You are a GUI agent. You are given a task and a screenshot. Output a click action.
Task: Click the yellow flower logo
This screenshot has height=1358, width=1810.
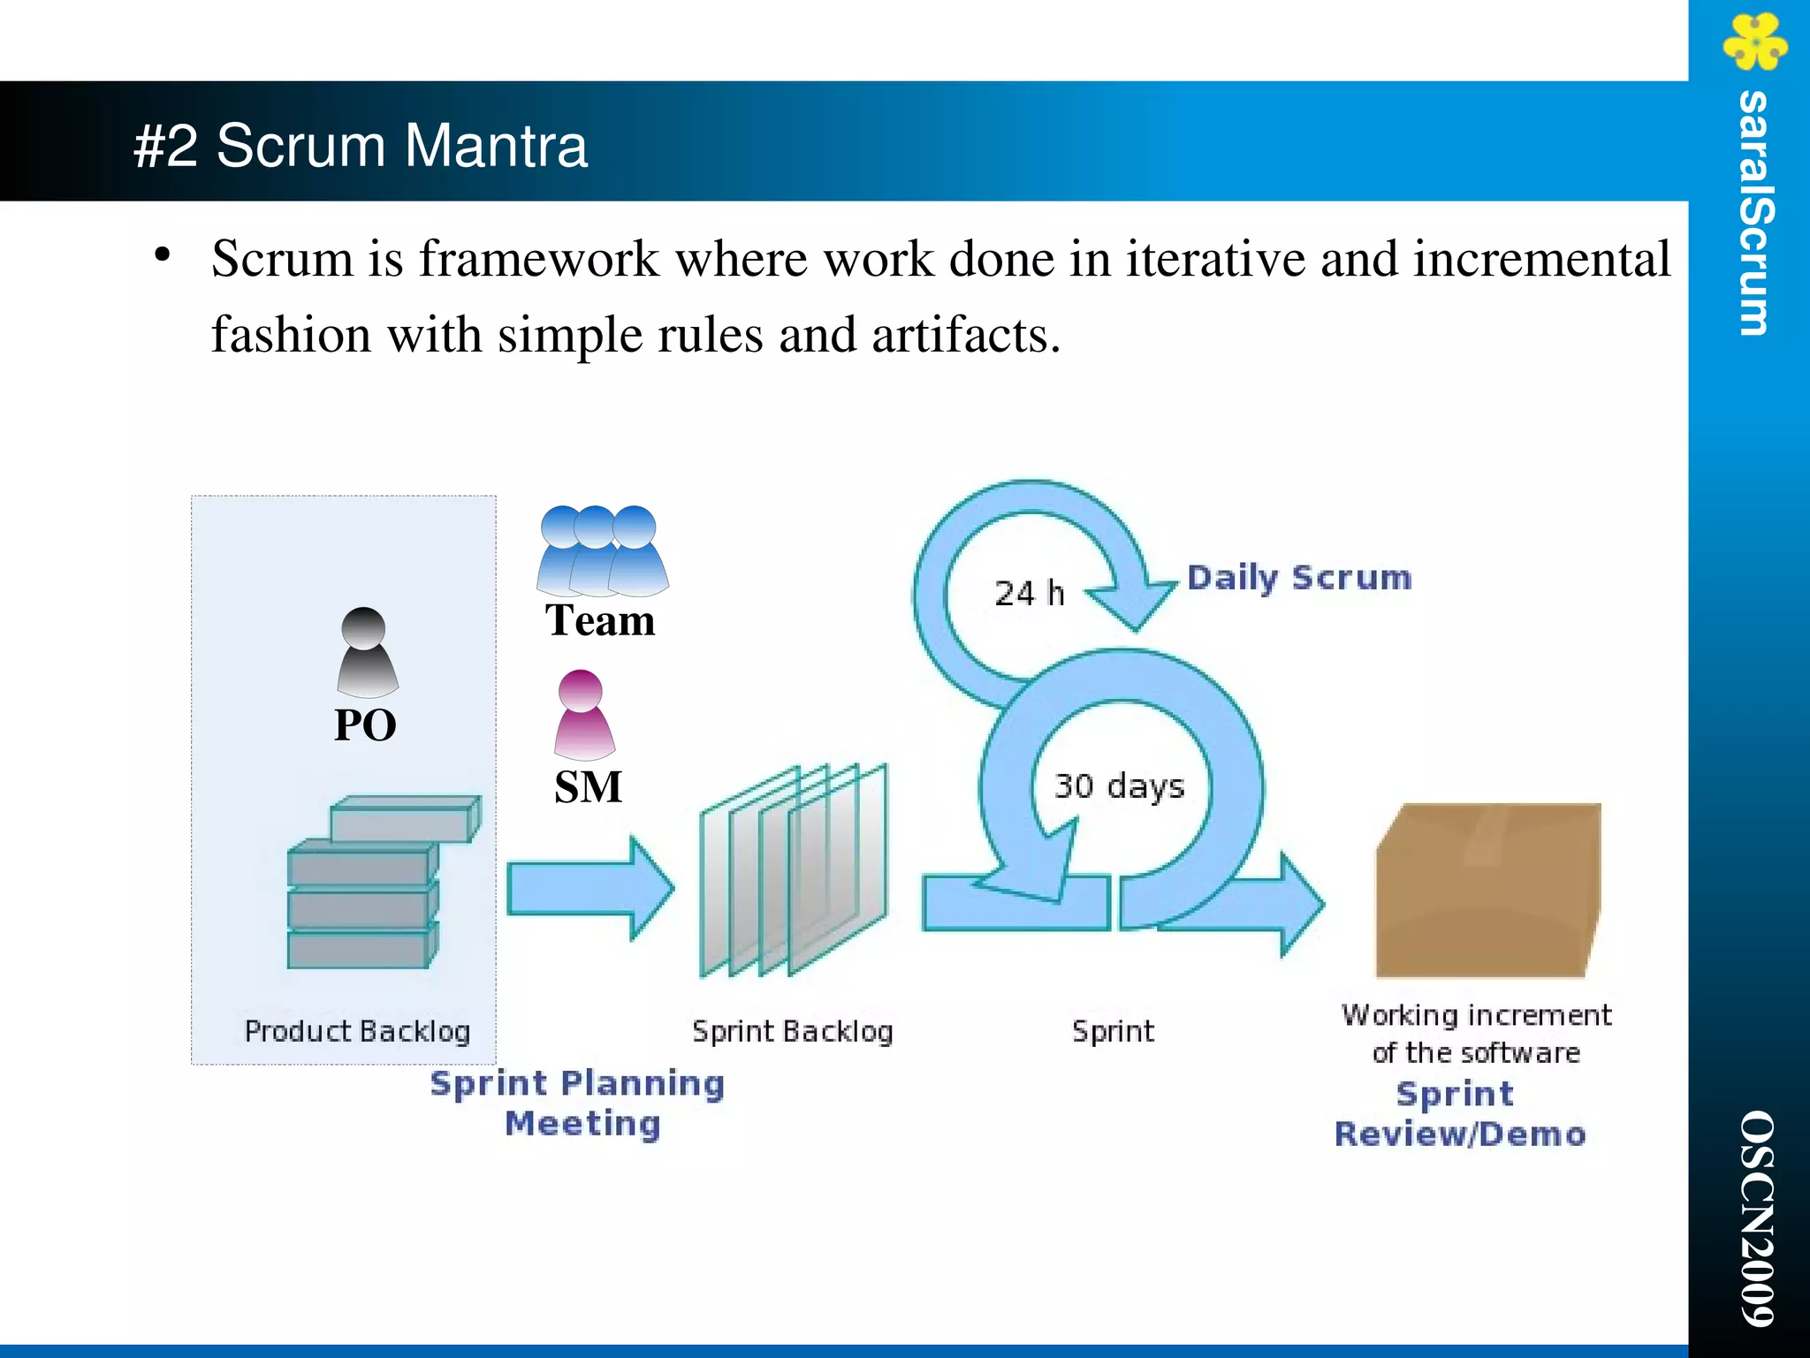(x=1754, y=42)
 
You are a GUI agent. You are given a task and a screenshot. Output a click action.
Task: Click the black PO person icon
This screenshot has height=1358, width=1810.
(x=367, y=653)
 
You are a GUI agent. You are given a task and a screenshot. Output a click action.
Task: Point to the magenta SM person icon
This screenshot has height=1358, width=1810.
(x=582, y=716)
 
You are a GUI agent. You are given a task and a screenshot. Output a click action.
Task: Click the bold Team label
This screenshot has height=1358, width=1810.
(x=600, y=620)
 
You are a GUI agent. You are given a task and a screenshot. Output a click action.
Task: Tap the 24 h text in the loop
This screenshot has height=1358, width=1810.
(x=1029, y=593)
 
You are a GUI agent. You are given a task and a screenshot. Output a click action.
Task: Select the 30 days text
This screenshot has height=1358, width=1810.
(x=1119, y=785)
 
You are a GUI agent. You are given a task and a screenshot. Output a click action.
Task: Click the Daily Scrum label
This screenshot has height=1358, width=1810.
(x=1298, y=578)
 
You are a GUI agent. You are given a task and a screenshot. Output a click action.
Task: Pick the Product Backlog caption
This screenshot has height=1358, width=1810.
(x=357, y=1031)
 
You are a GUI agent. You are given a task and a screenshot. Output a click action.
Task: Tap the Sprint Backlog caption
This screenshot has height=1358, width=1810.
(x=792, y=1031)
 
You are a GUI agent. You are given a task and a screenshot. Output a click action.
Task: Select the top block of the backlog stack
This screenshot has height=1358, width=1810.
(x=405, y=819)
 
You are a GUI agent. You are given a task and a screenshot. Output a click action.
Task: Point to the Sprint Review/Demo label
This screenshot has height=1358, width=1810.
(x=1460, y=1114)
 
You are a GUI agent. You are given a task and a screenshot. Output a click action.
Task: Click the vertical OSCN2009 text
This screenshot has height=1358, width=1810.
(x=1756, y=1218)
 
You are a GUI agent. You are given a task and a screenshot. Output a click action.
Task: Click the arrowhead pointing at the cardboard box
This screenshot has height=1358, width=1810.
(x=1300, y=904)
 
